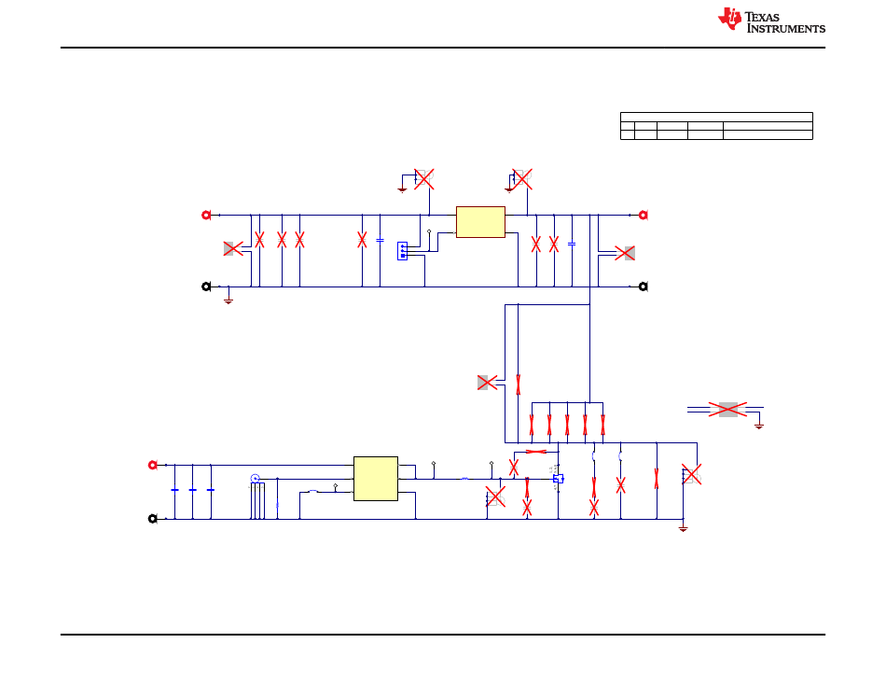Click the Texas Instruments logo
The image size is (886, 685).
click(771, 21)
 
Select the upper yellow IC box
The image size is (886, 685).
click(480, 222)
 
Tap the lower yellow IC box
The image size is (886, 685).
click(376, 479)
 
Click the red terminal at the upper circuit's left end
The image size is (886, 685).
click(206, 215)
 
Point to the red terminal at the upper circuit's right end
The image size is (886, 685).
click(643, 215)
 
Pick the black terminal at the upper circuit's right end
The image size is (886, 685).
click(643, 287)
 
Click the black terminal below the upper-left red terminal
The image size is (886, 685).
click(206, 287)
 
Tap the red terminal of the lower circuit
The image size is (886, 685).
click(153, 465)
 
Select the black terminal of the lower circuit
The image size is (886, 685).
click(153, 519)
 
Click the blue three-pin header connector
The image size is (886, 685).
click(402, 251)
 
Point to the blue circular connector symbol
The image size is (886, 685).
click(255, 479)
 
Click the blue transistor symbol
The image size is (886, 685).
click(559, 479)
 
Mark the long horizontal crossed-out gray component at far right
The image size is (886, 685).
click(727, 409)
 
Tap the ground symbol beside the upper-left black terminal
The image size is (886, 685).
click(228, 301)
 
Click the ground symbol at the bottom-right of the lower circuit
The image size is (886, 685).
click(683, 528)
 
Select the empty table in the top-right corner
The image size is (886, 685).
click(716, 126)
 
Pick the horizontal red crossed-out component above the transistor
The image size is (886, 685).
click(535, 452)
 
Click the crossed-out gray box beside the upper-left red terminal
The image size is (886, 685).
click(233, 248)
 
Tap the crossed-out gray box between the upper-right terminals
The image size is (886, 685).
click(625, 253)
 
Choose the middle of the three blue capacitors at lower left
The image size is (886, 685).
click(193, 490)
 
